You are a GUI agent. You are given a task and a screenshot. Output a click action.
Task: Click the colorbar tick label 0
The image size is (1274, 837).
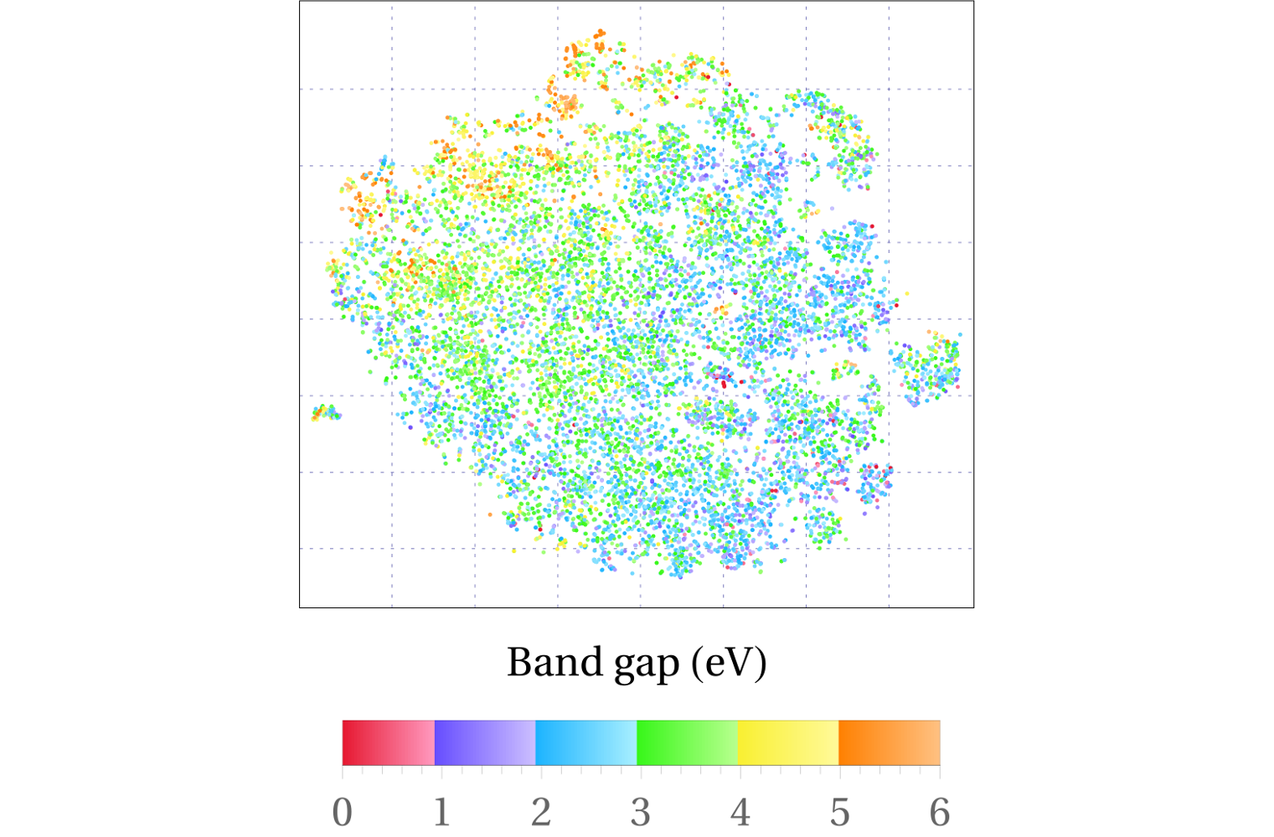342,812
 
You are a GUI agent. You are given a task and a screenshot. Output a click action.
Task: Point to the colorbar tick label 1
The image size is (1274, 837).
441,812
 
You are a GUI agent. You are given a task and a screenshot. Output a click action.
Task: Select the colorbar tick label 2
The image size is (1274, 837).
541,812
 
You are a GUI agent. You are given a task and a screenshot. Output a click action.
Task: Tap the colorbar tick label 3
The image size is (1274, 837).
641,812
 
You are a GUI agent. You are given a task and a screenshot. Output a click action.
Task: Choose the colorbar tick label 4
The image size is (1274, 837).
740,812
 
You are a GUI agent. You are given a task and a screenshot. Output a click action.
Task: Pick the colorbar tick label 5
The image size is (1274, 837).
840,812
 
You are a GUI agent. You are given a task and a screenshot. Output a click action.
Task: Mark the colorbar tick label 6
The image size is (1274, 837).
940,812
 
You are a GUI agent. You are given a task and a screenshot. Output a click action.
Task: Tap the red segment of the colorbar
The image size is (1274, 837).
389,742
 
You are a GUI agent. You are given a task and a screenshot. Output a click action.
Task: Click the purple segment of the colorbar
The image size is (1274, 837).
485,742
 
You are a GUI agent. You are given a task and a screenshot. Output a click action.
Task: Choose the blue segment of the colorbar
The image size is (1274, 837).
586,742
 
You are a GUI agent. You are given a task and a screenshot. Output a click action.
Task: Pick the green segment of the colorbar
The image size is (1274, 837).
688,742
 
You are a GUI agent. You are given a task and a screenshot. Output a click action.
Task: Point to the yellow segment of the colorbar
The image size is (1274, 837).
788,742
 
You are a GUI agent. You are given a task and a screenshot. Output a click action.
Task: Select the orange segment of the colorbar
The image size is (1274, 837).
889,742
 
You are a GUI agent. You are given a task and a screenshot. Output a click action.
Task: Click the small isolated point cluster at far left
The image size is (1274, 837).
326,412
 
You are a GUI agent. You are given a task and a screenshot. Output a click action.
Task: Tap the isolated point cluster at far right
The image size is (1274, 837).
928,367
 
